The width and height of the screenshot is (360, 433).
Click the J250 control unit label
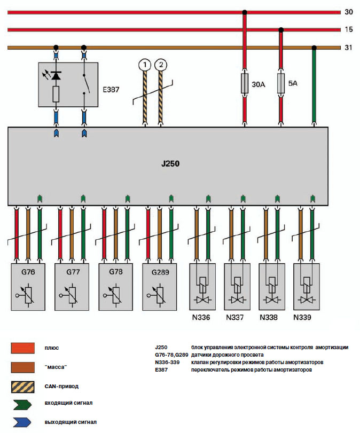click(170, 164)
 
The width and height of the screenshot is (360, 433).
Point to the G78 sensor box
click(116, 286)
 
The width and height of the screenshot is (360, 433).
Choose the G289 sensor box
click(160, 286)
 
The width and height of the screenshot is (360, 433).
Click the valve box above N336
click(204, 286)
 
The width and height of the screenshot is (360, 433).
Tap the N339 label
click(303, 318)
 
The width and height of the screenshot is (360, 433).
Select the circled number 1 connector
click(143, 65)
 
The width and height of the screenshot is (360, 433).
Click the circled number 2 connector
click(160, 65)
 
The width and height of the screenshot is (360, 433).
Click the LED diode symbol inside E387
click(55, 77)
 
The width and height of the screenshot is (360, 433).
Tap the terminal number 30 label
click(348, 11)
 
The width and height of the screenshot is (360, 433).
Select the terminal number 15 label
click(348, 30)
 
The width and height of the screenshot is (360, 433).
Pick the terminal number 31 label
click(348, 48)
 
